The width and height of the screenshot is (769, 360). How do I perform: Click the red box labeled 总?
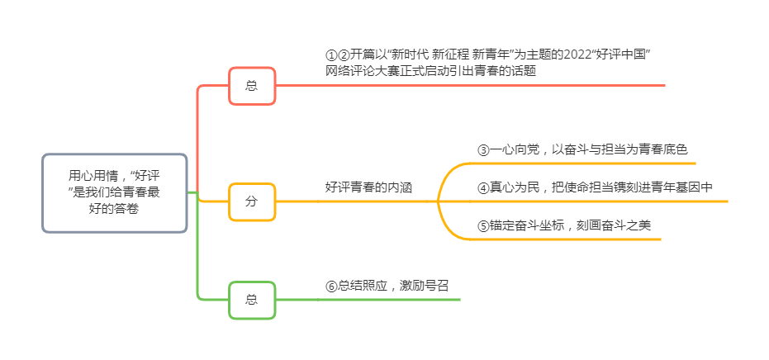coord(252,86)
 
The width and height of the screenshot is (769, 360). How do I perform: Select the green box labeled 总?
coord(252,299)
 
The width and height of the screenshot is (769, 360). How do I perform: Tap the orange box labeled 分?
coord(252,201)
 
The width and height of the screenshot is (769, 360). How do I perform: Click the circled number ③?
coord(483,150)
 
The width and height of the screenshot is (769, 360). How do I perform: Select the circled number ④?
coord(483,187)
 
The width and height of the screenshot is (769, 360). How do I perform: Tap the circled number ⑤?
coord(483,225)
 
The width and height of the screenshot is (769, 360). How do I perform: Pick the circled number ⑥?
coord(331,286)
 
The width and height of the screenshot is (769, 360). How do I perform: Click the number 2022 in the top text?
coord(574,54)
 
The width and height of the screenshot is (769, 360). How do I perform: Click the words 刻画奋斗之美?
coord(617,225)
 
